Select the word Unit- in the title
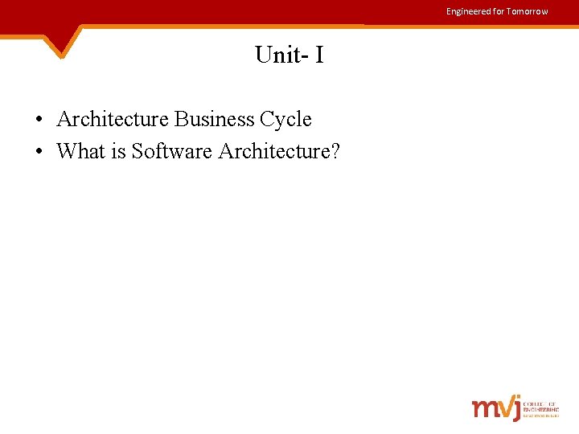click(x=278, y=55)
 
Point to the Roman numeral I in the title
click(x=319, y=55)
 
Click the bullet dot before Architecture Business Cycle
click(x=39, y=120)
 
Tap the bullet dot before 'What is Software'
click(x=39, y=151)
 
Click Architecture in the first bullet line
click(x=113, y=119)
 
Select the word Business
click(x=213, y=119)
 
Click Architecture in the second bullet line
click(x=270, y=150)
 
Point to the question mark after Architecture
click(x=335, y=150)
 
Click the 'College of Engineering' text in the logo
click(x=541, y=408)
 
